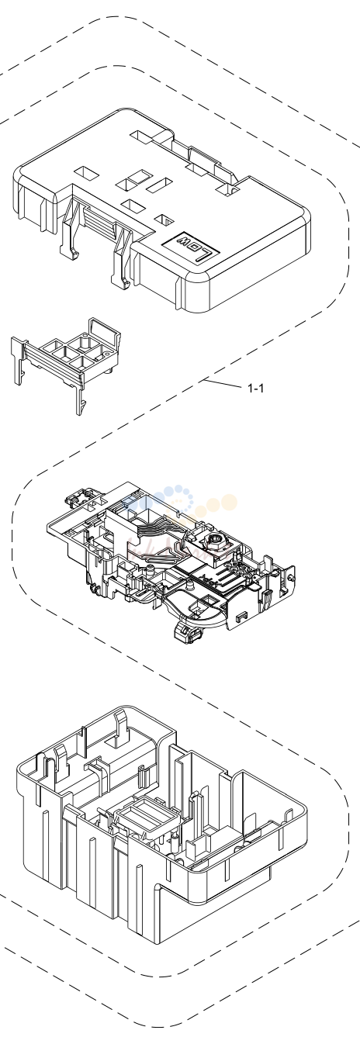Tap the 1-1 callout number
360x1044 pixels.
tap(255, 388)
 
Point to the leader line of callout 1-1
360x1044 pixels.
tap(223, 384)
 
